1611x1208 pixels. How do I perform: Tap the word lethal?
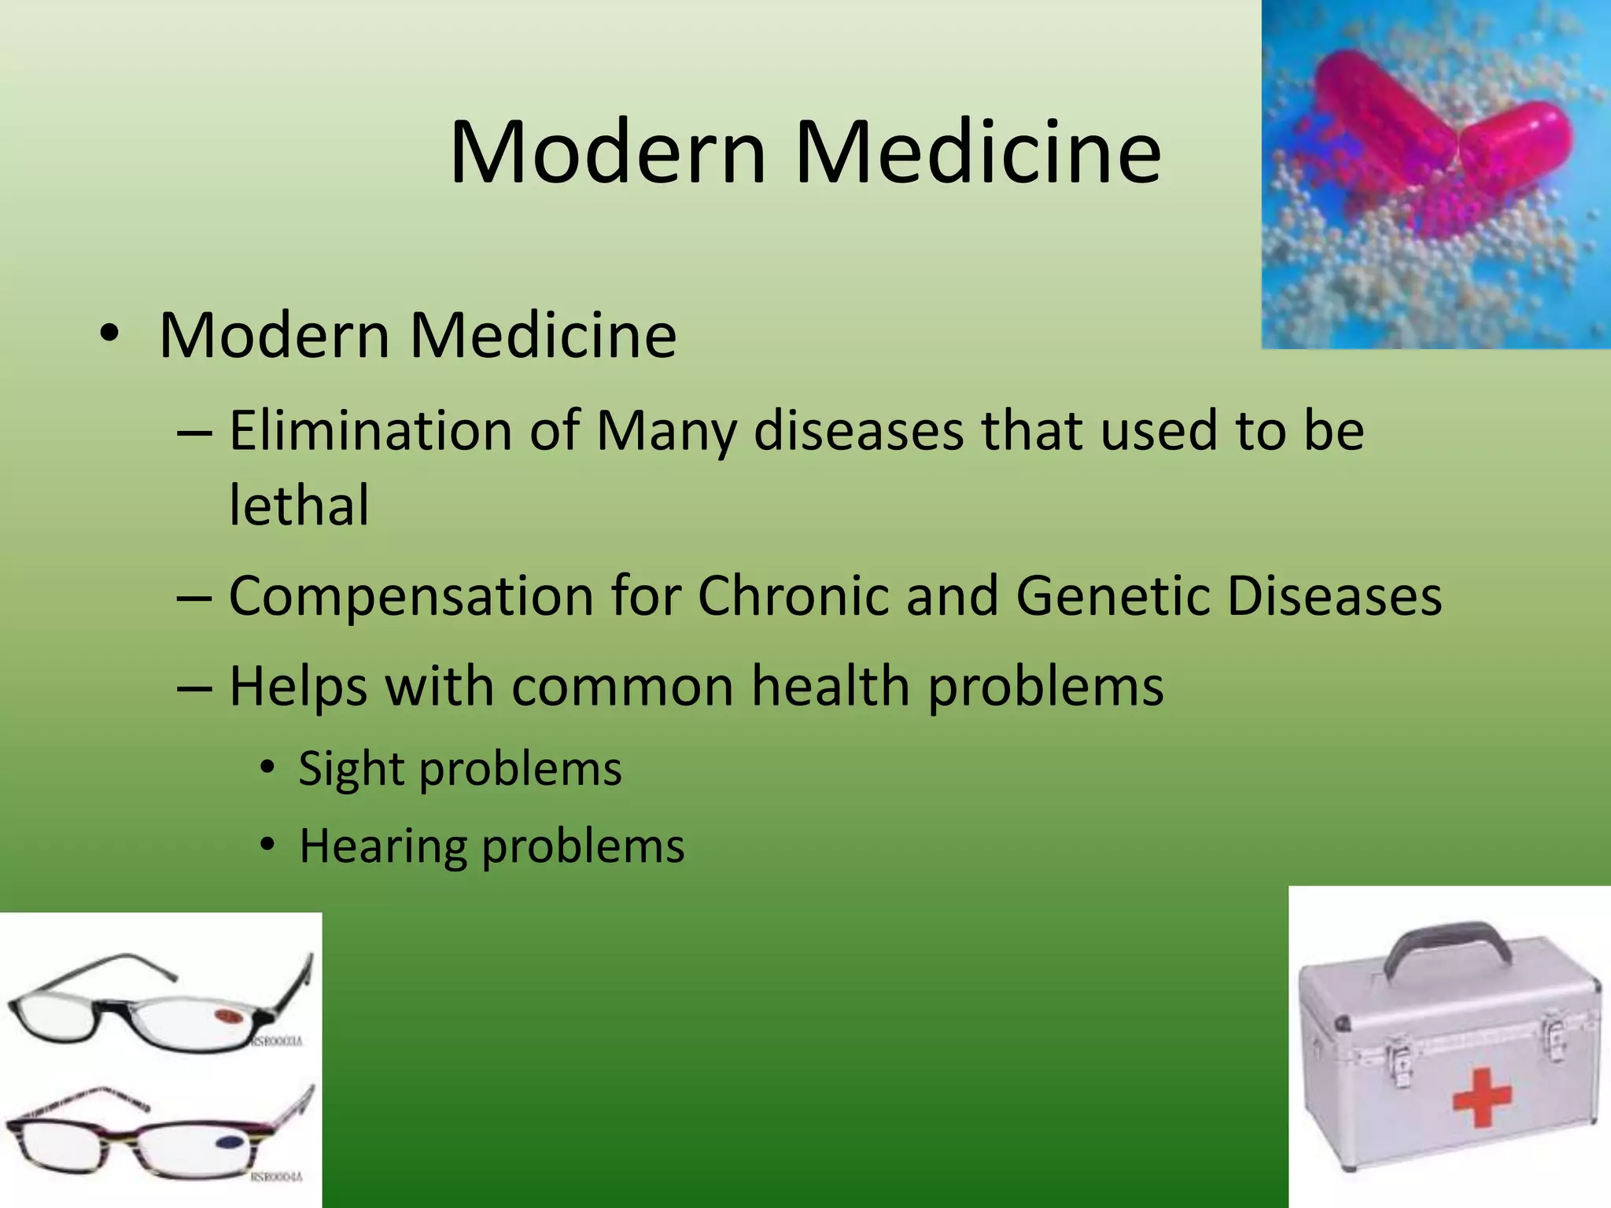[298, 505]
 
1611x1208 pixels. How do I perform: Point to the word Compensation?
[411, 595]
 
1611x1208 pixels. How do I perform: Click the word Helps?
[298, 687]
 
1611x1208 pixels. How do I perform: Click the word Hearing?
[382, 847]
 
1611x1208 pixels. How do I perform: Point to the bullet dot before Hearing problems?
[268, 845]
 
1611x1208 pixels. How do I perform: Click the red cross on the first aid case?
[1481, 1096]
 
